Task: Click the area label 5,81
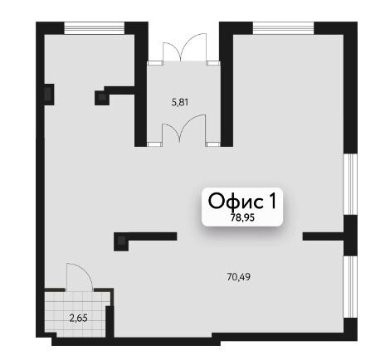(x=180, y=103)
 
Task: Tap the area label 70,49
(x=238, y=277)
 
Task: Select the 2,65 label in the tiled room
(x=79, y=319)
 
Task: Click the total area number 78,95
(x=242, y=218)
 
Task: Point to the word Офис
(x=236, y=201)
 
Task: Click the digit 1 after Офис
(x=272, y=201)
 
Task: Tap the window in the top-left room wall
(x=95, y=28)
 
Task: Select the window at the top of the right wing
(x=284, y=28)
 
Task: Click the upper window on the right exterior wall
(x=350, y=184)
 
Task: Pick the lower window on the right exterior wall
(x=350, y=287)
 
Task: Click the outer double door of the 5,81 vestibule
(x=184, y=47)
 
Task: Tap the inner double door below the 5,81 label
(x=183, y=129)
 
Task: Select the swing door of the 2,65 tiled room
(x=80, y=276)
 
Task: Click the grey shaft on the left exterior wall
(x=49, y=94)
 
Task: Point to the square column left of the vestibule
(x=102, y=98)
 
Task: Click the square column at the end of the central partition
(x=121, y=241)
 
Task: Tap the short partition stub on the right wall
(x=324, y=236)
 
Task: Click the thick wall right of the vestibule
(x=227, y=84)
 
